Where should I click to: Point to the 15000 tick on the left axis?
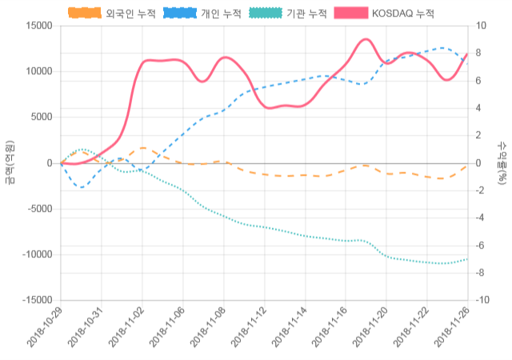(x=38, y=26)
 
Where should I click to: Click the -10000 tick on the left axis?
(x=35, y=254)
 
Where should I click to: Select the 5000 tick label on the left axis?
(x=40, y=117)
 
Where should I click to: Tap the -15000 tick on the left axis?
(x=35, y=300)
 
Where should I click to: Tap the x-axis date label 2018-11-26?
(x=451, y=328)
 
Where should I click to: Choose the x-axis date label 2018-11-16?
(x=330, y=328)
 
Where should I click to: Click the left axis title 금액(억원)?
(x=10, y=162)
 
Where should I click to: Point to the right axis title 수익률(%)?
(x=502, y=162)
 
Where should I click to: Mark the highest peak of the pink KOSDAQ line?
(x=366, y=39)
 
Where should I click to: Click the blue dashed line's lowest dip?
(x=82, y=187)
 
